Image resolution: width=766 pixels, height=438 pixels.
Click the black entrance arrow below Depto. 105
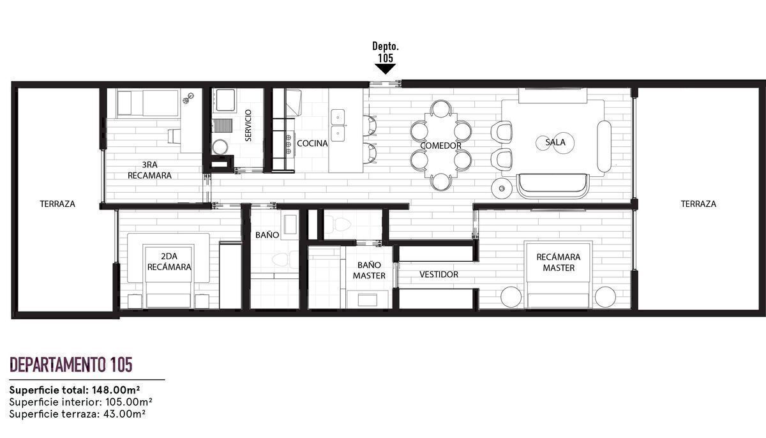[386, 69]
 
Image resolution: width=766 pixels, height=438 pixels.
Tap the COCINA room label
[312, 144]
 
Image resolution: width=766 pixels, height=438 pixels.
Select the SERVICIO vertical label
[248, 126]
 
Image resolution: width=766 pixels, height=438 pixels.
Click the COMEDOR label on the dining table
[440, 146]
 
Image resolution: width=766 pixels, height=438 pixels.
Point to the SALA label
[555, 142]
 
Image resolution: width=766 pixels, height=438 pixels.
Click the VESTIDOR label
[439, 274]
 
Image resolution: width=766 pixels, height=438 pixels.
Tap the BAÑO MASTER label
[369, 270]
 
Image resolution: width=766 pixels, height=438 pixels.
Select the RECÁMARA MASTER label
[559, 262]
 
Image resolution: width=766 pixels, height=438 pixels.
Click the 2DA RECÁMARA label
[169, 262]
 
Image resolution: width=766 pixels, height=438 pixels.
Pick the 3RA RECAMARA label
[149, 170]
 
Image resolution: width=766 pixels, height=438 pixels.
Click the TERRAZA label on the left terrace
[57, 204]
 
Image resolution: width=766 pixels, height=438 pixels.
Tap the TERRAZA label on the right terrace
[698, 204]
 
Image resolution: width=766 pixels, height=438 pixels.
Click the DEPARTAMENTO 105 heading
[71, 365]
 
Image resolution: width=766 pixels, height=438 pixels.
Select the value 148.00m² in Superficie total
[116, 390]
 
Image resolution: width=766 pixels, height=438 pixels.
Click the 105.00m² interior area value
[128, 402]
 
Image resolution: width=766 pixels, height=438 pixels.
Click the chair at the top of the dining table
[441, 108]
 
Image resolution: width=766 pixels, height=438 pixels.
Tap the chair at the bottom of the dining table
[441, 182]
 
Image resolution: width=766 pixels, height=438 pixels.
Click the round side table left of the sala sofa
[502, 188]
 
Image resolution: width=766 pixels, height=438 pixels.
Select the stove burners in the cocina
[289, 144]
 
